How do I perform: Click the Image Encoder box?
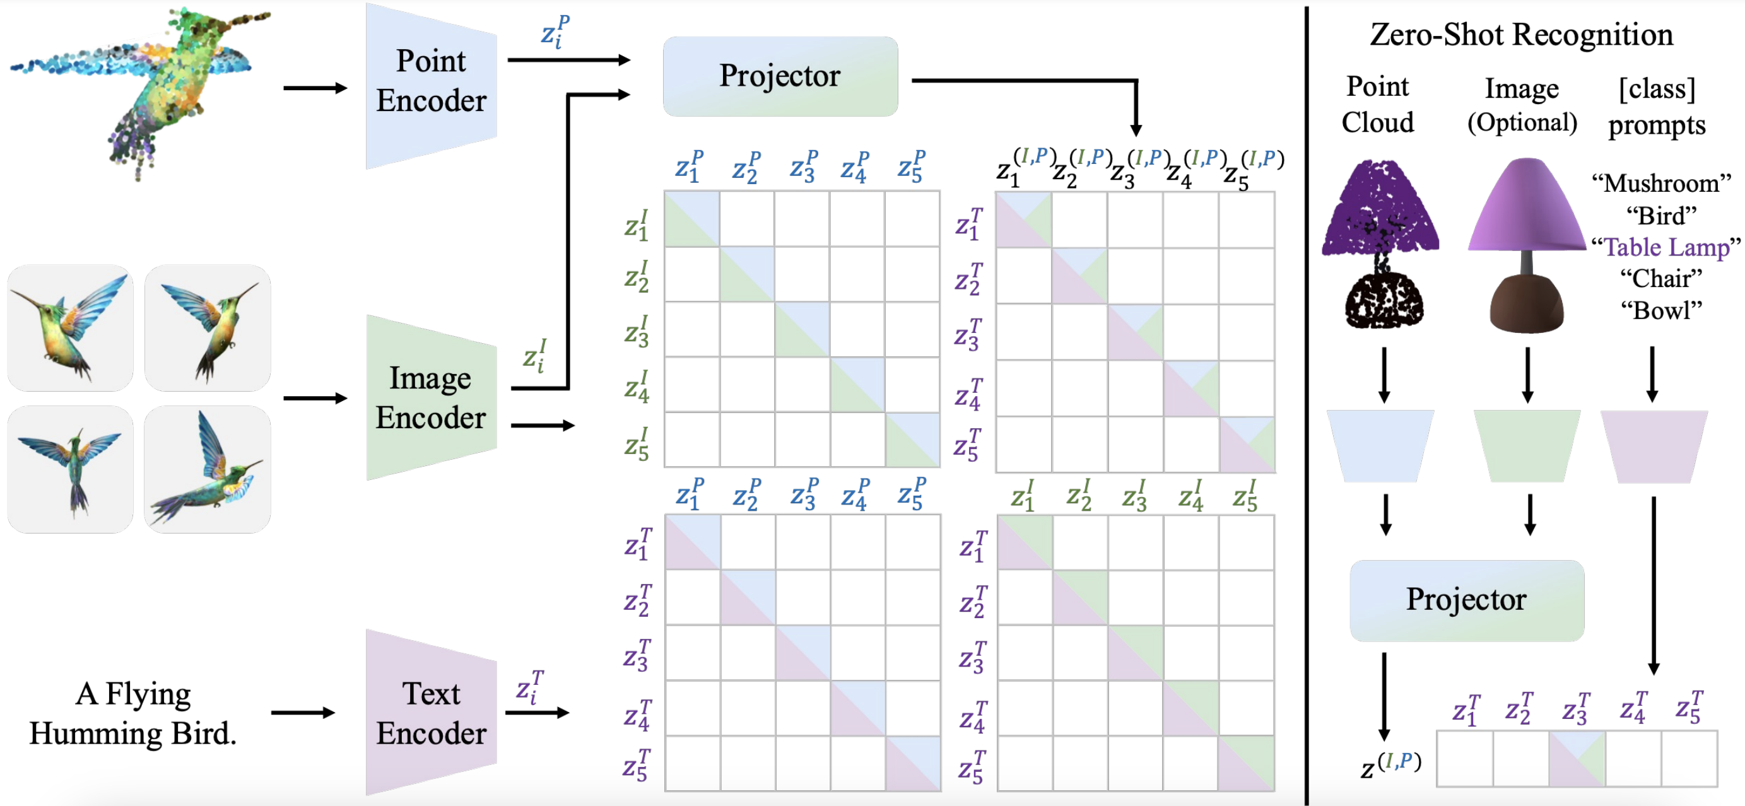[x=432, y=398]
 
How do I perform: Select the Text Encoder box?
[x=432, y=713]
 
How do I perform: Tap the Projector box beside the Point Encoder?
[x=780, y=76]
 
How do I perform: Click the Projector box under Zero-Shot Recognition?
[x=1467, y=600]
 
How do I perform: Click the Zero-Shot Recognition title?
[x=1522, y=34]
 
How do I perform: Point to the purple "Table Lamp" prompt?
[x=1666, y=247]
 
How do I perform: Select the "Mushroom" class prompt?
[x=1661, y=184]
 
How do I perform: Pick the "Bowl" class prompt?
[x=1661, y=311]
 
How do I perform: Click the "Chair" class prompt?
[x=1661, y=279]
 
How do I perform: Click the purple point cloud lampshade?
[x=1380, y=210]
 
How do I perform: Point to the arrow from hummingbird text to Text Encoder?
[x=303, y=713]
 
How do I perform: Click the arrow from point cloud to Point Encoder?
[x=315, y=88]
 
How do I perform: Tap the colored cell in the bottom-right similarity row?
[x=1577, y=759]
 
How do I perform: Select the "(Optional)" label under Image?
[x=1522, y=122]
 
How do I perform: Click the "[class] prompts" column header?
[x=1657, y=107]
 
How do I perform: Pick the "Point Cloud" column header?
[x=1378, y=104]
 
